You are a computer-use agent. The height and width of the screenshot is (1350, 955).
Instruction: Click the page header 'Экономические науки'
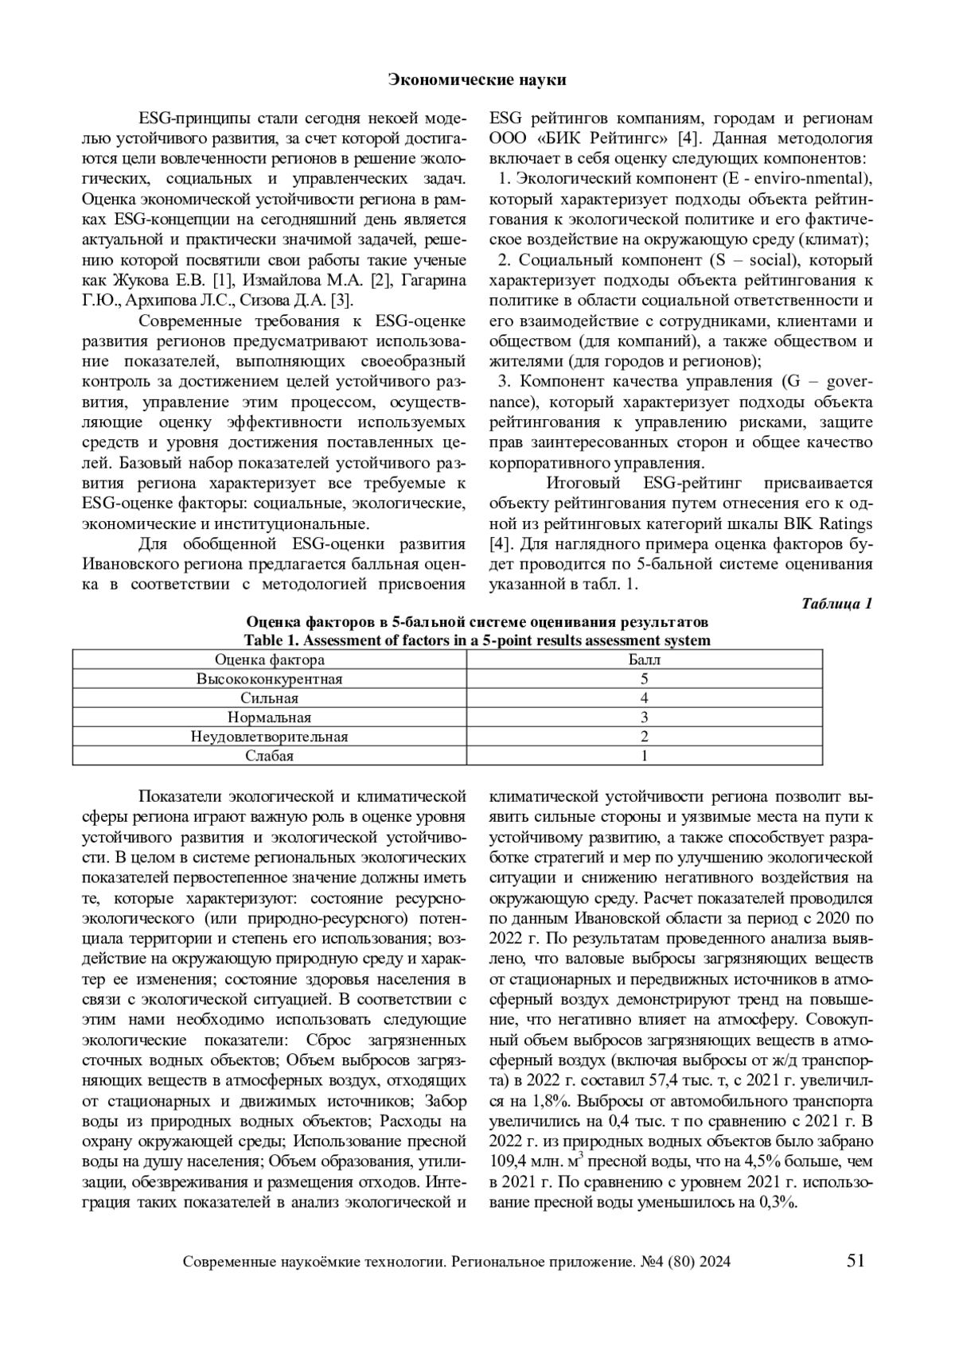tap(477, 80)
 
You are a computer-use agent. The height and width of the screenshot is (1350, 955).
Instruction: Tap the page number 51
tap(856, 1260)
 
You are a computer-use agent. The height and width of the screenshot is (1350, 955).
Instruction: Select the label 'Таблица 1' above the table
tap(837, 603)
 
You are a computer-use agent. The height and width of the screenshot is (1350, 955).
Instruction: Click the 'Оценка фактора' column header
tap(270, 659)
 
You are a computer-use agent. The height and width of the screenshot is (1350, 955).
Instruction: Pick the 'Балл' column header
tap(645, 659)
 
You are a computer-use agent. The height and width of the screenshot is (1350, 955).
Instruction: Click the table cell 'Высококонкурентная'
tap(270, 679)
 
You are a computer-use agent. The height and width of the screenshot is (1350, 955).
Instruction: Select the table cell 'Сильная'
tap(270, 698)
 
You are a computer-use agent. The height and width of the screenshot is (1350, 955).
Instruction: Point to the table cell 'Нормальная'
tap(270, 718)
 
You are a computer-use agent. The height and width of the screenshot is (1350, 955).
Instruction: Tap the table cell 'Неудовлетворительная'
tap(270, 737)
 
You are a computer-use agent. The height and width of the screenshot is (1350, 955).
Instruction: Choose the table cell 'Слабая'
tap(270, 756)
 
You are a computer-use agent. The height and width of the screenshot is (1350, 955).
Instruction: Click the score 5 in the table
tap(645, 679)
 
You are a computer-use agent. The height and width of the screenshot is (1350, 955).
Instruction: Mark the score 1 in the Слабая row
tap(645, 756)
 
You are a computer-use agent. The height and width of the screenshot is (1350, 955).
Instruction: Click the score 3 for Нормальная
tap(645, 718)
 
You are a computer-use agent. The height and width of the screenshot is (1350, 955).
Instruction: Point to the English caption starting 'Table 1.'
tap(477, 640)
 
